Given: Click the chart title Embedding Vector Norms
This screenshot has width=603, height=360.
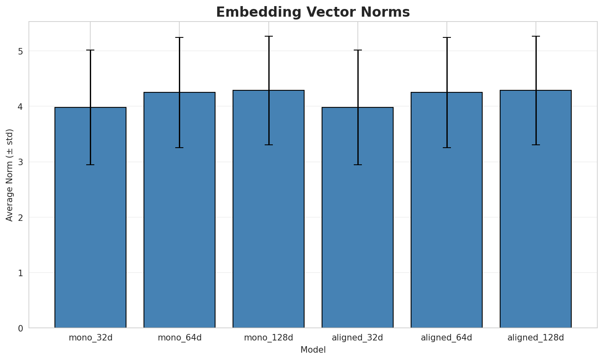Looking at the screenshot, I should [x=313, y=12].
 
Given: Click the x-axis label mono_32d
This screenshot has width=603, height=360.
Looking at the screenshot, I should [x=90, y=338].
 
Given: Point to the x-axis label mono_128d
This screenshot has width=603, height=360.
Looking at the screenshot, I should [x=268, y=338].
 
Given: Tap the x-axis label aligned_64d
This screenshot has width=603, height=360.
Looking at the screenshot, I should [x=446, y=338].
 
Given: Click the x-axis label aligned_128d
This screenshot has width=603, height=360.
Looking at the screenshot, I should [x=536, y=338].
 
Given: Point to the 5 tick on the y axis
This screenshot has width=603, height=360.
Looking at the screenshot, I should [x=20, y=51].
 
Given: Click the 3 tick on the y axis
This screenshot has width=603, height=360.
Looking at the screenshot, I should [x=20, y=162].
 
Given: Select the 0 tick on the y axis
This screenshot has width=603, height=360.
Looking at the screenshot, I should [x=20, y=328].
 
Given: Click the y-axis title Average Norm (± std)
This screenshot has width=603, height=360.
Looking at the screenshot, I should [x=10, y=175].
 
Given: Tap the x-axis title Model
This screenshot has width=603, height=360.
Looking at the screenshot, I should [x=313, y=350].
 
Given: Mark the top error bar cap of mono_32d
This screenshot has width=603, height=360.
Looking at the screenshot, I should [x=90, y=50].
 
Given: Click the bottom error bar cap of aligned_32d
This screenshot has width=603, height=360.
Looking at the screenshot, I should [x=357, y=165].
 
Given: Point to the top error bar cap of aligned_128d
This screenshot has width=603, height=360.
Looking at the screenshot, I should [x=536, y=36].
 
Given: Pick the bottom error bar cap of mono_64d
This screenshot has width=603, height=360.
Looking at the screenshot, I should [x=179, y=148].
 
